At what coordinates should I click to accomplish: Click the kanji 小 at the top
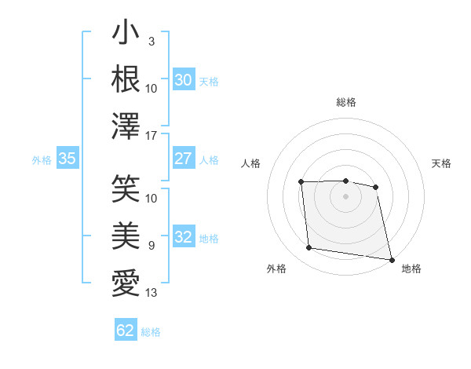click(126, 34)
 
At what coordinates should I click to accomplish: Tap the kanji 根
click(126, 79)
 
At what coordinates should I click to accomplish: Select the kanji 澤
click(126, 126)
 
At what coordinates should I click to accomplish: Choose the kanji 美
click(126, 236)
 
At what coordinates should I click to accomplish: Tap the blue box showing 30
click(184, 80)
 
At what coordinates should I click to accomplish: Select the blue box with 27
click(184, 159)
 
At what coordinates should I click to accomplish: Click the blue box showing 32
click(184, 237)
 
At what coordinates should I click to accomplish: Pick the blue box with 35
click(68, 159)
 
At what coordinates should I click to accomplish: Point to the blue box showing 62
click(126, 331)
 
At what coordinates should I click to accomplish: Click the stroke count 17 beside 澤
click(152, 135)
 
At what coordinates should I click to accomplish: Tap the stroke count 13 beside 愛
click(152, 293)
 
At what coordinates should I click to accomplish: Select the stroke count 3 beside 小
click(151, 41)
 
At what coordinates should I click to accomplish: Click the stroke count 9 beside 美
click(151, 246)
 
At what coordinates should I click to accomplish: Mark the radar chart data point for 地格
click(390, 259)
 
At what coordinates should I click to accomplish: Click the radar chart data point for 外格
click(309, 248)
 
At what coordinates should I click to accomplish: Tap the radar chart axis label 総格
click(345, 102)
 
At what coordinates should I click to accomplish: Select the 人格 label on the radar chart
click(250, 163)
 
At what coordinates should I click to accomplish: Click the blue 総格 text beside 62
click(151, 332)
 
